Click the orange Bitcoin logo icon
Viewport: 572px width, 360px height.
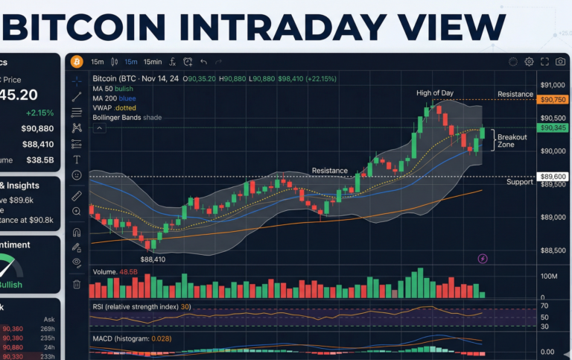click(x=75, y=62)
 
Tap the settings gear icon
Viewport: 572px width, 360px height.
click(x=529, y=62)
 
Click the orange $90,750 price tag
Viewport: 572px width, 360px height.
click(x=553, y=100)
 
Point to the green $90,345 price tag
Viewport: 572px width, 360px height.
click(x=553, y=128)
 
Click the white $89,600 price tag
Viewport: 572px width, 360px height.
click(x=553, y=177)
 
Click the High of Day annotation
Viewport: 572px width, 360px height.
click(x=435, y=92)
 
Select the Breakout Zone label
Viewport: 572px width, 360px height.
click(x=512, y=141)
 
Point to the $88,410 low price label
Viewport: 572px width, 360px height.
click(x=152, y=259)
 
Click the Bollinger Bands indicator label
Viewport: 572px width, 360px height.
click(x=127, y=117)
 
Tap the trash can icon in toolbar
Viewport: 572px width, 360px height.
click(x=76, y=284)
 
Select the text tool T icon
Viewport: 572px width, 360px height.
click(x=76, y=160)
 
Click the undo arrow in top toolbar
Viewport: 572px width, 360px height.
click(x=203, y=62)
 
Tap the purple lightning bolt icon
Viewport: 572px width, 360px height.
click(x=483, y=259)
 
